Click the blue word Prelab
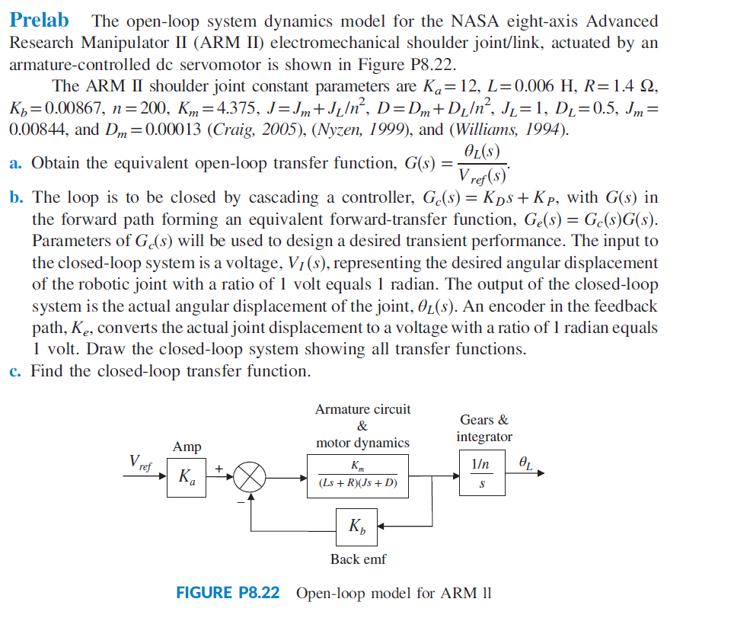pos(39,21)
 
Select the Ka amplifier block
pos(186,478)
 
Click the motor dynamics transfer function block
pos(363,476)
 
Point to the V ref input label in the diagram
pos(140,461)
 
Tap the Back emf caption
pos(358,559)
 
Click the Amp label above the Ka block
pos(186,447)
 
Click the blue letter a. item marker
pos(15,163)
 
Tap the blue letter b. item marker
pos(16,198)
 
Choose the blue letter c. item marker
pos(15,372)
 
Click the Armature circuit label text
pos(362,409)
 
